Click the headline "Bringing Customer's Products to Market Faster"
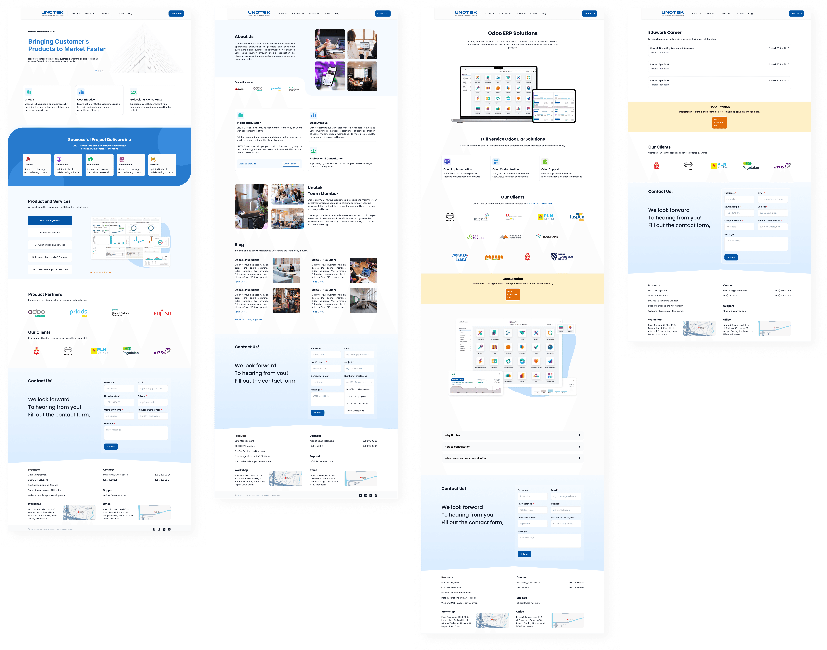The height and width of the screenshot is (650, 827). pos(67,45)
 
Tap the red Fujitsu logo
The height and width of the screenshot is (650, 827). pos(162,313)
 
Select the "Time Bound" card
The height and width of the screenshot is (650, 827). pos(68,165)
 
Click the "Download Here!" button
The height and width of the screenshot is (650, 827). pos(291,164)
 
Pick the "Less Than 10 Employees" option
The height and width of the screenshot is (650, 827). pos(358,389)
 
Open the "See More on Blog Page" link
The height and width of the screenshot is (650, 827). pos(248,320)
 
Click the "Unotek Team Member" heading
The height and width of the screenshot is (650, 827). pos(323,191)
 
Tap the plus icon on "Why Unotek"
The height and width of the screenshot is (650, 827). pos(579,435)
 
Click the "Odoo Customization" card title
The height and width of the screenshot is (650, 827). pos(505,169)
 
